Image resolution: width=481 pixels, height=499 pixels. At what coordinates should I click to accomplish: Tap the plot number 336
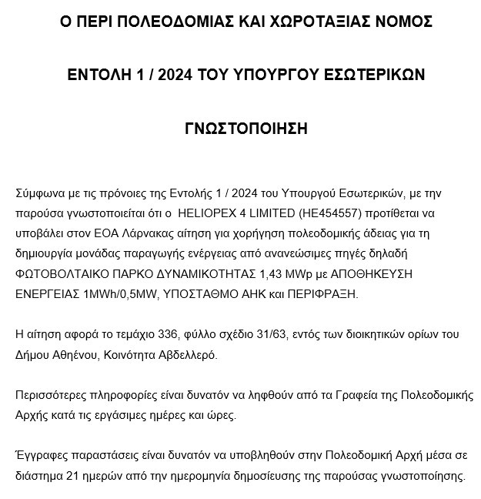143,335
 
